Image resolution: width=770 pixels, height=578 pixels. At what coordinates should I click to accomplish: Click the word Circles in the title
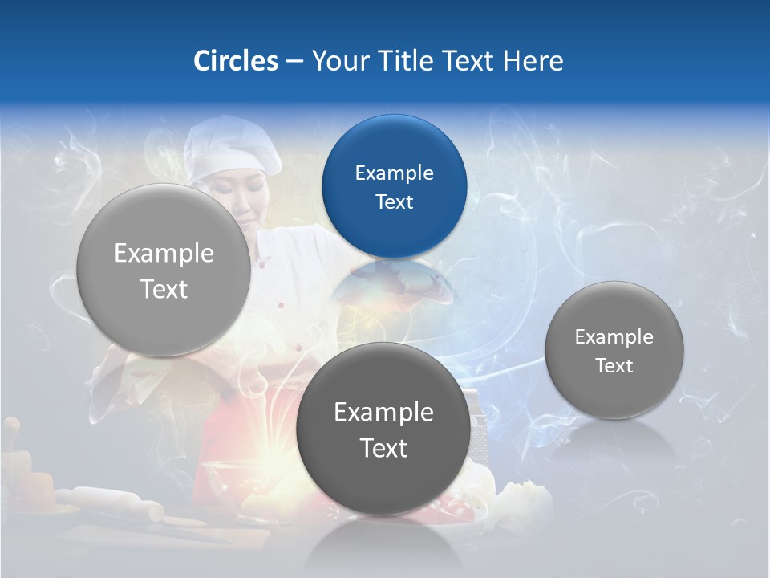[236, 61]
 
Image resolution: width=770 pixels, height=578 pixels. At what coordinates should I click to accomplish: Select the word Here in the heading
[533, 61]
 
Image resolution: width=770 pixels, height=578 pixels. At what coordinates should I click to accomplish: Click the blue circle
[394, 186]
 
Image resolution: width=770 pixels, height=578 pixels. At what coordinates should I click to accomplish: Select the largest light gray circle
[164, 270]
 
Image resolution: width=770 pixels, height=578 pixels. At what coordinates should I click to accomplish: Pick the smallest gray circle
[614, 350]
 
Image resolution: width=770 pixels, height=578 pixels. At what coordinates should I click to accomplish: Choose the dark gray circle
[383, 429]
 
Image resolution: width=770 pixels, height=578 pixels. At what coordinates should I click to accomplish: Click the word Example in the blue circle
[394, 173]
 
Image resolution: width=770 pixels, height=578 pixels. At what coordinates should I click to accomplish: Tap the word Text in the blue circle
[394, 201]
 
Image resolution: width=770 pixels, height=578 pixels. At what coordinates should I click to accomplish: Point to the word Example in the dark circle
[383, 412]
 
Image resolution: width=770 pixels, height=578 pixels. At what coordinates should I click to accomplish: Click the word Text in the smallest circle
[614, 366]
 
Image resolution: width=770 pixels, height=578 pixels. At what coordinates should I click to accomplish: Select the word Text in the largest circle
[164, 289]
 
